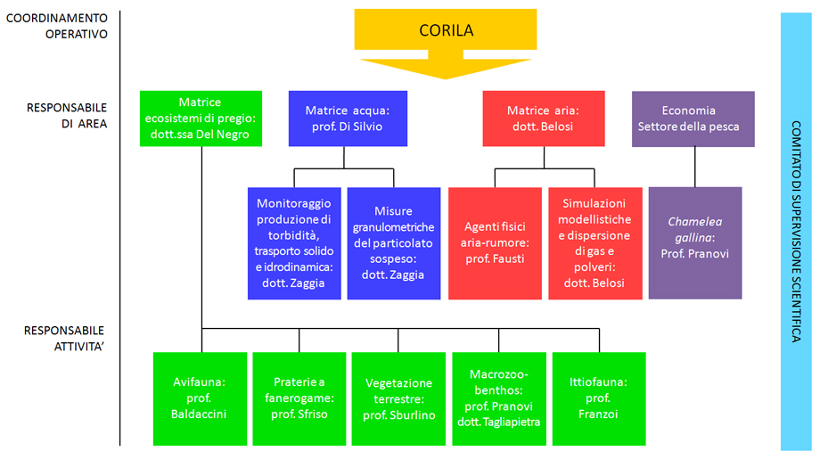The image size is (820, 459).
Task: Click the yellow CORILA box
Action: click(x=446, y=30)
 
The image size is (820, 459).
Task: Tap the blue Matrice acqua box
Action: click(x=348, y=119)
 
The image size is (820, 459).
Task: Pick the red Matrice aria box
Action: click(x=543, y=119)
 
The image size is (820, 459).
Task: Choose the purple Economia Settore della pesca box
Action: click(x=693, y=119)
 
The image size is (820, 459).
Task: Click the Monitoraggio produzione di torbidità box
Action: click(x=294, y=242)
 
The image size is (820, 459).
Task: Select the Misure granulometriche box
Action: click(x=393, y=242)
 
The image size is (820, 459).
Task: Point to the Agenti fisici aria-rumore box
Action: click(x=494, y=242)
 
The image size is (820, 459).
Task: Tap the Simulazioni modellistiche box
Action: click(x=594, y=242)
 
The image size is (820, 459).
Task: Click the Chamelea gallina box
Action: click(x=695, y=242)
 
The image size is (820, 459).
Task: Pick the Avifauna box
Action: click(x=200, y=398)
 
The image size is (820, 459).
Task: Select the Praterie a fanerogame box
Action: click(x=299, y=398)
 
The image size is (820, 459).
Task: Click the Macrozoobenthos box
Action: click(x=498, y=398)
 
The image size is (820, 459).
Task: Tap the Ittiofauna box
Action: click(x=598, y=398)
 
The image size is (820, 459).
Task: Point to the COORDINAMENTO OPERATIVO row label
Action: click(x=56, y=26)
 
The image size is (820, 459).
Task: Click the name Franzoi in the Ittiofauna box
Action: click(x=598, y=414)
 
